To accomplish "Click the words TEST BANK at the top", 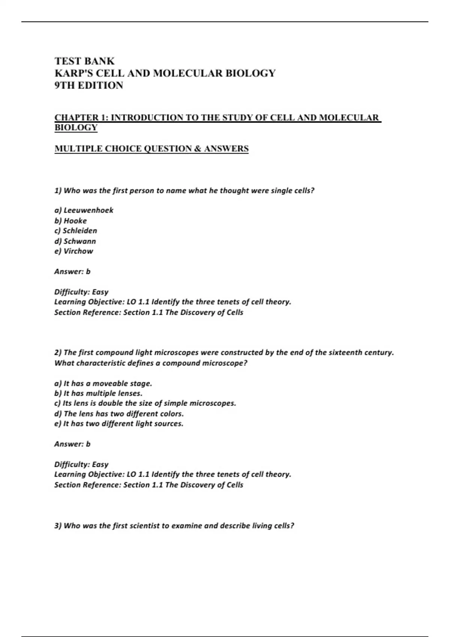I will pyautogui.click(x=84, y=61).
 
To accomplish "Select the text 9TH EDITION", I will pyautogui.click(x=89, y=85).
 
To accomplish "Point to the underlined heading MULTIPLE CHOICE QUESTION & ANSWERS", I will pyautogui.click(x=151, y=149).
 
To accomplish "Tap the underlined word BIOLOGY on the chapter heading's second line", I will pyautogui.click(x=76, y=127).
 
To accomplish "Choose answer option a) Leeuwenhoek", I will pyautogui.click(x=84, y=210).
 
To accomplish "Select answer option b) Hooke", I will pyautogui.click(x=70, y=221).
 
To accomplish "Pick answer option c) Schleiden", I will pyautogui.click(x=76, y=231).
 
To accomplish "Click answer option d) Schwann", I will pyautogui.click(x=75, y=241).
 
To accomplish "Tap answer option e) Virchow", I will pyautogui.click(x=73, y=251).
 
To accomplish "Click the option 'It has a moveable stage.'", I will pyautogui.click(x=103, y=383).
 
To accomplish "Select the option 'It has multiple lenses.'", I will pyautogui.click(x=98, y=393).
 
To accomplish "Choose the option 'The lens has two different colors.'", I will pyautogui.click(x=119, y=414).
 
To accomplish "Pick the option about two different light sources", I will pyautogui.click(x=119, y=424).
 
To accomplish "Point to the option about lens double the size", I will pyautogui.click(x=145, y=404).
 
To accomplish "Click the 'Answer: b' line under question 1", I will pyautogui.click(x=72, y=271).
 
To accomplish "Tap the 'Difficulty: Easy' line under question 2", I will pyautogui.click(x=81, y=464).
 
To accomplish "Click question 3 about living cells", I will pyautogui.click(x=174, y=526).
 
